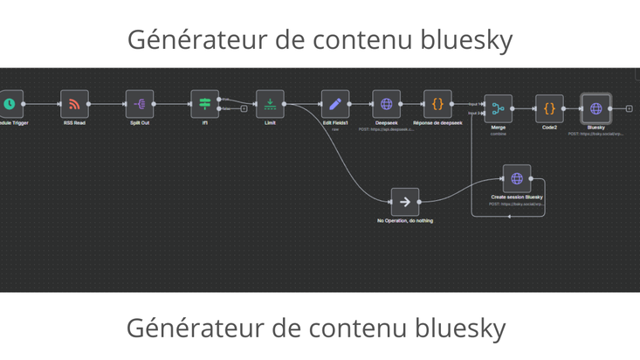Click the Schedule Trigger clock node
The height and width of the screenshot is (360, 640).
click(x=10, y=104)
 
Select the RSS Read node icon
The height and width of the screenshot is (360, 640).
click(x=74, y=104)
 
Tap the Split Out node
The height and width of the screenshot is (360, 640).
click(x=140, y=104)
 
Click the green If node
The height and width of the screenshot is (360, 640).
click(x=205, y=104)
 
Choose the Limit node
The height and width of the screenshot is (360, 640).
click(x=270, y=104)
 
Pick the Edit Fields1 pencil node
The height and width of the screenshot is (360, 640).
click(x=335, y=104)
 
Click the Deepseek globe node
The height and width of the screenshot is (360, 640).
click(x=387, y=104)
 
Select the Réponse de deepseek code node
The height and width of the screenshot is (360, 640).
click(x=438, y=104)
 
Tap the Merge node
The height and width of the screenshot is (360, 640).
click(x=499, y=108)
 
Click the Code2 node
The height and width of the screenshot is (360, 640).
click(x=549, y=108)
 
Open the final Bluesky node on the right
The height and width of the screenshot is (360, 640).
click(x=596, y=108)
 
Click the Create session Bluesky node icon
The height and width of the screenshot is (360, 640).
click(x=517, y=178)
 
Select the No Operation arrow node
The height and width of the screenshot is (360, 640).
click(x=405, y=202)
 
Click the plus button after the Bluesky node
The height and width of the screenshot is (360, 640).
click(x=630, y=108)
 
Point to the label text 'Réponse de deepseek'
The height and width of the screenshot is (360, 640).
click(x=438, y=123)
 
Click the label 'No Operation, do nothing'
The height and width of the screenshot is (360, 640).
click(x=405, y=221)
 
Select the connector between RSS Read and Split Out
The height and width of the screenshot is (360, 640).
click(x=107, y=104)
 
